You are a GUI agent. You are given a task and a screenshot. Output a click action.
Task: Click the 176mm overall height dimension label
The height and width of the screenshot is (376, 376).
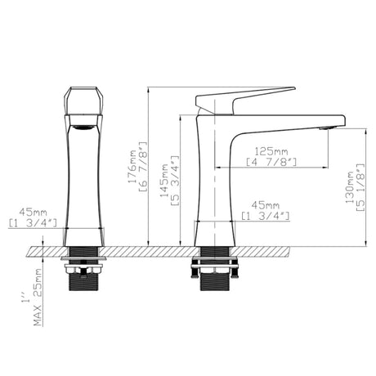point(132,167)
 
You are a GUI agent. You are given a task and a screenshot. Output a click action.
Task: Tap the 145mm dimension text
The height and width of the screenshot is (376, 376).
point(164,180)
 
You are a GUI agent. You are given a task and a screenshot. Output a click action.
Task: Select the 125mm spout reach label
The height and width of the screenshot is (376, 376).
point(271,151)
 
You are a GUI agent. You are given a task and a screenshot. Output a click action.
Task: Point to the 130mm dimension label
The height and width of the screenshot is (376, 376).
point(350,187)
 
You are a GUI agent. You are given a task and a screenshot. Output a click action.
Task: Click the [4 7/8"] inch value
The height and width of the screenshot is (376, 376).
point(271,162)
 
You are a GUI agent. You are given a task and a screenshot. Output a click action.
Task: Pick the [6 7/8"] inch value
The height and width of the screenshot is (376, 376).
point(143,167)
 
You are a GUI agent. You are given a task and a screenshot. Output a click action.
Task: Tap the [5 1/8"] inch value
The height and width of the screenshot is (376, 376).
point(360,187)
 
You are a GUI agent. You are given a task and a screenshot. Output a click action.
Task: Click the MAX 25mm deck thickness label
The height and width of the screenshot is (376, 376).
point(38,298)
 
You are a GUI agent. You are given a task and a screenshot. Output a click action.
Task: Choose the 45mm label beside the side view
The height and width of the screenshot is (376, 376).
point(266,205)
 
